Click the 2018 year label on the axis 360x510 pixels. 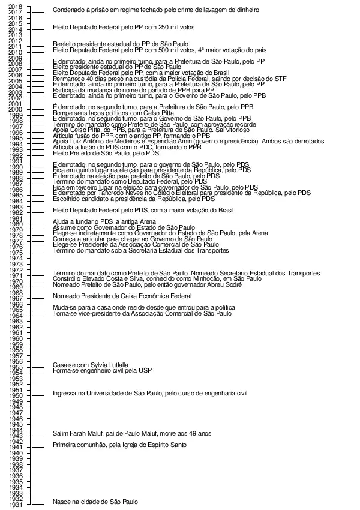coord(16,7)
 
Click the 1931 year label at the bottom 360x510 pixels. coord(16,505)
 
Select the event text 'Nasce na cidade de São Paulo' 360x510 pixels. coord(95,502)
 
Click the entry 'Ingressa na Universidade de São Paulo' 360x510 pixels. coord(150,394)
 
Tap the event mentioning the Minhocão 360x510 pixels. coord(157,279)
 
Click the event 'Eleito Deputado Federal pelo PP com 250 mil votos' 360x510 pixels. coord(132,28)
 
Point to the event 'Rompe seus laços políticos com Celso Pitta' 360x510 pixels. coord(113,113)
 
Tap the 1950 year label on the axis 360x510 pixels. coord(16,396)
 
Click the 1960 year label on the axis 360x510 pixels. coord(16,339)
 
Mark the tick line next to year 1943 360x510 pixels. coord(37,436)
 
